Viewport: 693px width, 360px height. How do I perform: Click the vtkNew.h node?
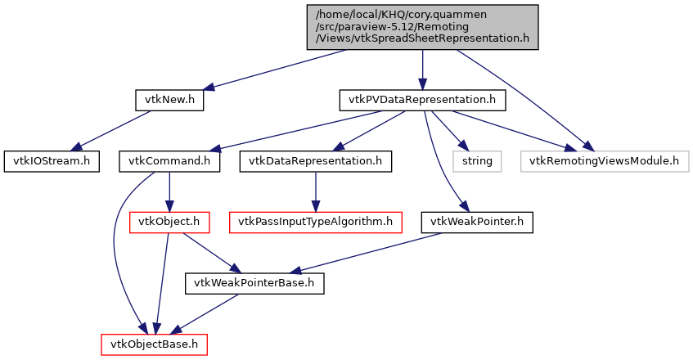[169, 100]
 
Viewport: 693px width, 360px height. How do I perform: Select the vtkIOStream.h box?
[51, 160]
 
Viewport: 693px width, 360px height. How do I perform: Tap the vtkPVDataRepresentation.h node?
[422, 100]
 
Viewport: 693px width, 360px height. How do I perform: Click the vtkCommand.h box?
[169, 160]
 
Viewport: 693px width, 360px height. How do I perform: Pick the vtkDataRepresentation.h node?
[316, 160]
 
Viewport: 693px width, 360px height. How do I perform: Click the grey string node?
[477, 160]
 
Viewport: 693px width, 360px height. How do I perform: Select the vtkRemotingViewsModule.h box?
[604, 160]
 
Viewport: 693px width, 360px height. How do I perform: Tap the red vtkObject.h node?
[169, 222]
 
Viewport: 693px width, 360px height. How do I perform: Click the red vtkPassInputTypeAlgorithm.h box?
[316, 222]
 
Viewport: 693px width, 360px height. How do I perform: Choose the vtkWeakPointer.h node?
[477, 222]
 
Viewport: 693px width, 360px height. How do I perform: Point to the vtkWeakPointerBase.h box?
[254, 283]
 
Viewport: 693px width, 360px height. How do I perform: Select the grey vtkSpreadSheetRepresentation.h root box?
[422, 28]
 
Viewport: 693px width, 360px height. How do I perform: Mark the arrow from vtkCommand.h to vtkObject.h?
[169, 191]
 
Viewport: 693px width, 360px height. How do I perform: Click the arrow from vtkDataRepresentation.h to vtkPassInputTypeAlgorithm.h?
[316, 191]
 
